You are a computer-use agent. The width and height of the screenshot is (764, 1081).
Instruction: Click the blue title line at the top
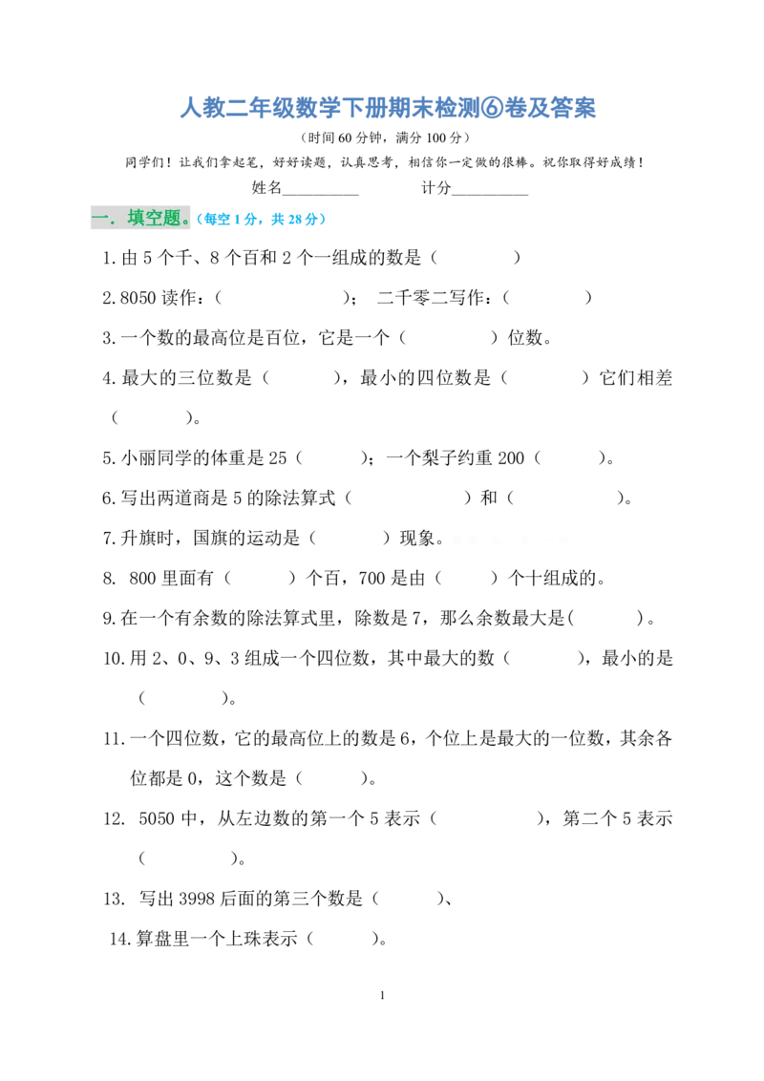390,108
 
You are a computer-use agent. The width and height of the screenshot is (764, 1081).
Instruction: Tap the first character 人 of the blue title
186,108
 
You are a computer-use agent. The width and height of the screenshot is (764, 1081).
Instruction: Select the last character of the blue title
592,108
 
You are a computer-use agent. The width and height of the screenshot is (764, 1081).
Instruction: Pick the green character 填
137,219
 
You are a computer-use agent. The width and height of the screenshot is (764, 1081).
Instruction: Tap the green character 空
155,219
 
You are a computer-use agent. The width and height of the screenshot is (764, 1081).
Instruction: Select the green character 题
172,219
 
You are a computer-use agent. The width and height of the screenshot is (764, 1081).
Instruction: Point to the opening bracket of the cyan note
199,220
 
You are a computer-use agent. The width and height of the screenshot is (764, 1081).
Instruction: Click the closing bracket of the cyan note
325,220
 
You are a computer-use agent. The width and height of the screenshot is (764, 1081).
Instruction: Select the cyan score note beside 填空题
262,220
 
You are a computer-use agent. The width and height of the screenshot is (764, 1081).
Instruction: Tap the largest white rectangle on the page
634,924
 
